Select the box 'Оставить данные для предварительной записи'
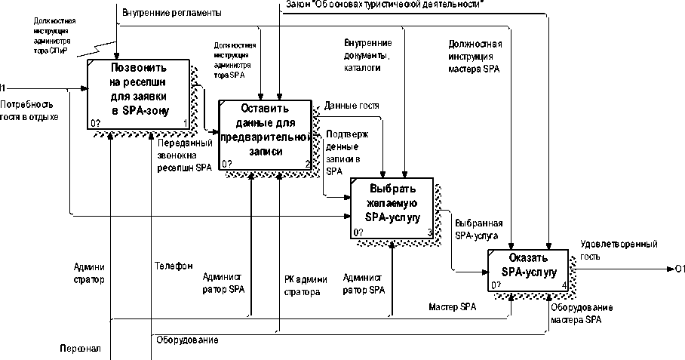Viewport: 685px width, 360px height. point(265,134)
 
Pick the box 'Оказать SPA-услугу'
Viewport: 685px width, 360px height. point(528,269)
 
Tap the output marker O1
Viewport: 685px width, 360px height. point(679,269)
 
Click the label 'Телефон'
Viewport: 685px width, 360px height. point(174,266)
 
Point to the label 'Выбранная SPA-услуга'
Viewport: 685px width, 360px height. point(478,229)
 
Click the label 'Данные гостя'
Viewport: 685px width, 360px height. point(352,106)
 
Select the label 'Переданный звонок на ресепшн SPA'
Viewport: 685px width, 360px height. point(185,155)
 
